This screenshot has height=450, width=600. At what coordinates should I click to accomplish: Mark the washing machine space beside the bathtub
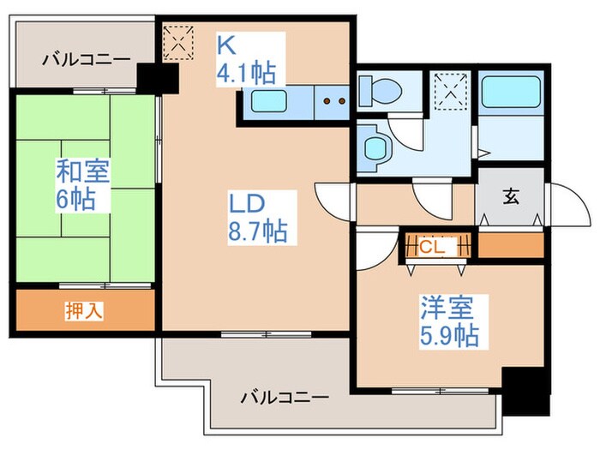coord(448,88)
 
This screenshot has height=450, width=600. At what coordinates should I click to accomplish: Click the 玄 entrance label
coord(511,196)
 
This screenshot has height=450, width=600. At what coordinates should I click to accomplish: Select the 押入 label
coord(84,310)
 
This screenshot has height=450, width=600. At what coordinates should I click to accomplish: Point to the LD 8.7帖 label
coord(256,216)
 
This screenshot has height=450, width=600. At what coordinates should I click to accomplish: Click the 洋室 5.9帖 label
coord(448,319)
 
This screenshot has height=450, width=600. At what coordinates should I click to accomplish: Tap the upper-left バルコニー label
coord(87,60)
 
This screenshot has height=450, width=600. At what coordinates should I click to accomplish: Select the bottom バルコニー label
coord(285,398)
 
